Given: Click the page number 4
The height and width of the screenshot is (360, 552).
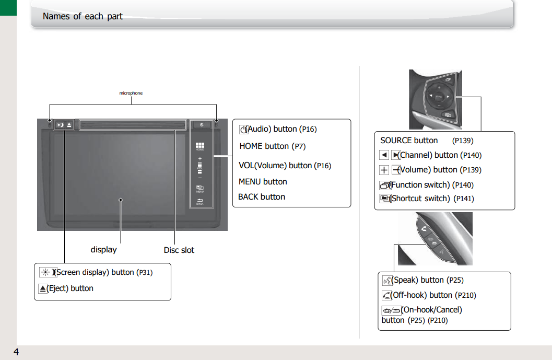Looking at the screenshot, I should pyautogui.click(x=16, y=352).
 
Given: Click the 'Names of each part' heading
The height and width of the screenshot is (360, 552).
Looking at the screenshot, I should pyautogui.click(x=83, y=16).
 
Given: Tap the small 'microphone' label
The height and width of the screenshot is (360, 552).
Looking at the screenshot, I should pyautogui.click(x=131, y=93).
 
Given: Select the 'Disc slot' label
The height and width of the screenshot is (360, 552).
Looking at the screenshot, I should pyautogui.click(x=179, y=250).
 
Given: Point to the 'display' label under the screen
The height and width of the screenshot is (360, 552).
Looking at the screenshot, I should pyautogui.click(x=103, y=250).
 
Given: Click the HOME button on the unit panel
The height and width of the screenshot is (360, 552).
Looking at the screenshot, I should pyautogui.click(x=200, y=147).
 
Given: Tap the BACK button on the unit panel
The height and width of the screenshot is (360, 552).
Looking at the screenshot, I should pyautogui.click(x=200, y=201).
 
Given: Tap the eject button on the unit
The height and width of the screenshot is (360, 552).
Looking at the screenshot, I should pyautogui.click(x=69, y=125).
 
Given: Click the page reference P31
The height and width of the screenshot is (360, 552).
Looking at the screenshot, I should pyautogui.click(x=145, y=273).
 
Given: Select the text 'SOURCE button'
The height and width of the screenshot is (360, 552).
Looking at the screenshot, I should pyautogui.click(x=409, y=141).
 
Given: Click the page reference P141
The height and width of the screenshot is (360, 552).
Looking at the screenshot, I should pyautogui.click(x=464, y=199).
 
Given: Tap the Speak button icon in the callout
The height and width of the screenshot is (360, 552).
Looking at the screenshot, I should pyautogui.click(x=386, y=281).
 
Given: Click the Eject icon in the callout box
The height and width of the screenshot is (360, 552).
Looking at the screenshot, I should pyautogui.click(x=43, y=288).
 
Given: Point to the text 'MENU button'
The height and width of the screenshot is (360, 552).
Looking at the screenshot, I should pyautogui.click(x=263, y=182).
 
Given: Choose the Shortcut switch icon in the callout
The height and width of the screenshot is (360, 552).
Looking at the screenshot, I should pyautogui.click(x=385, y=199).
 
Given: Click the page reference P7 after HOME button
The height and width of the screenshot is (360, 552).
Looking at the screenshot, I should pyautogui.click(x=299, y=147).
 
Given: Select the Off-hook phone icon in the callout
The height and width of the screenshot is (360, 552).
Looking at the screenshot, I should pyautogui.click(x=386, y=296).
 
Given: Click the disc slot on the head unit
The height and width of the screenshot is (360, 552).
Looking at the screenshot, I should pyautogui.click(x=134, y=125).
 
